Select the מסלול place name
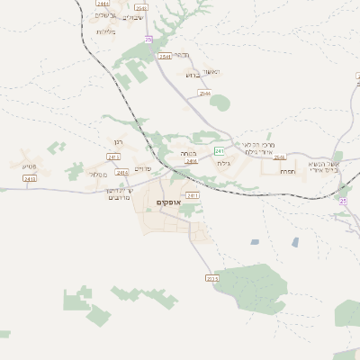point(99,174)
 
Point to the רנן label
point(118,141)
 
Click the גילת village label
point(224,164)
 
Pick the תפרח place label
point(287,171)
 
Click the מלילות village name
point(106,32)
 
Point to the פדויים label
point(143,168)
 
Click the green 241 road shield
point(219,151)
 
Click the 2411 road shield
point(192,194)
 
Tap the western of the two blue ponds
point(255,241)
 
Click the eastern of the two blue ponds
point(294,241)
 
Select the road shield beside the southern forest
point(212,279)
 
